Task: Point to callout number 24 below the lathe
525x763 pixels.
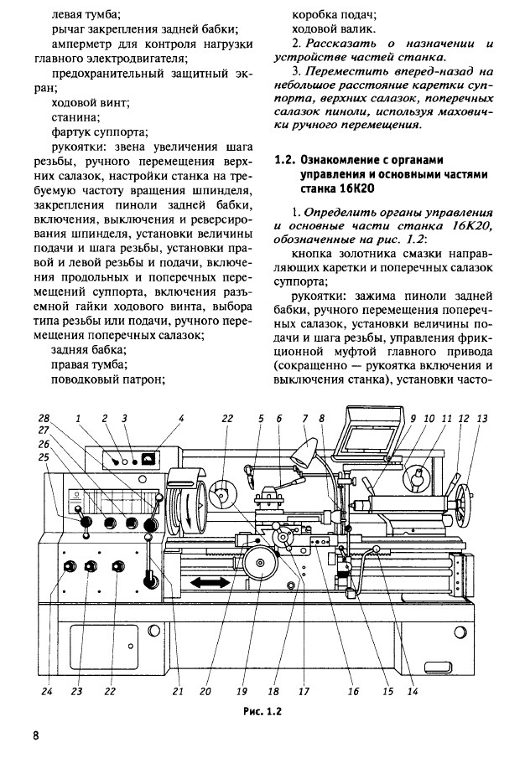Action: (47, 692)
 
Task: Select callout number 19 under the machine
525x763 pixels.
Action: (242, 692)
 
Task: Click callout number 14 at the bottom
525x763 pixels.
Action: (412, 692)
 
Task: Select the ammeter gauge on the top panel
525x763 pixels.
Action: (147, 458)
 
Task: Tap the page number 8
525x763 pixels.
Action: (36, 736)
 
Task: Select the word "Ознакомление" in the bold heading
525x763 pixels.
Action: (344, 159)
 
